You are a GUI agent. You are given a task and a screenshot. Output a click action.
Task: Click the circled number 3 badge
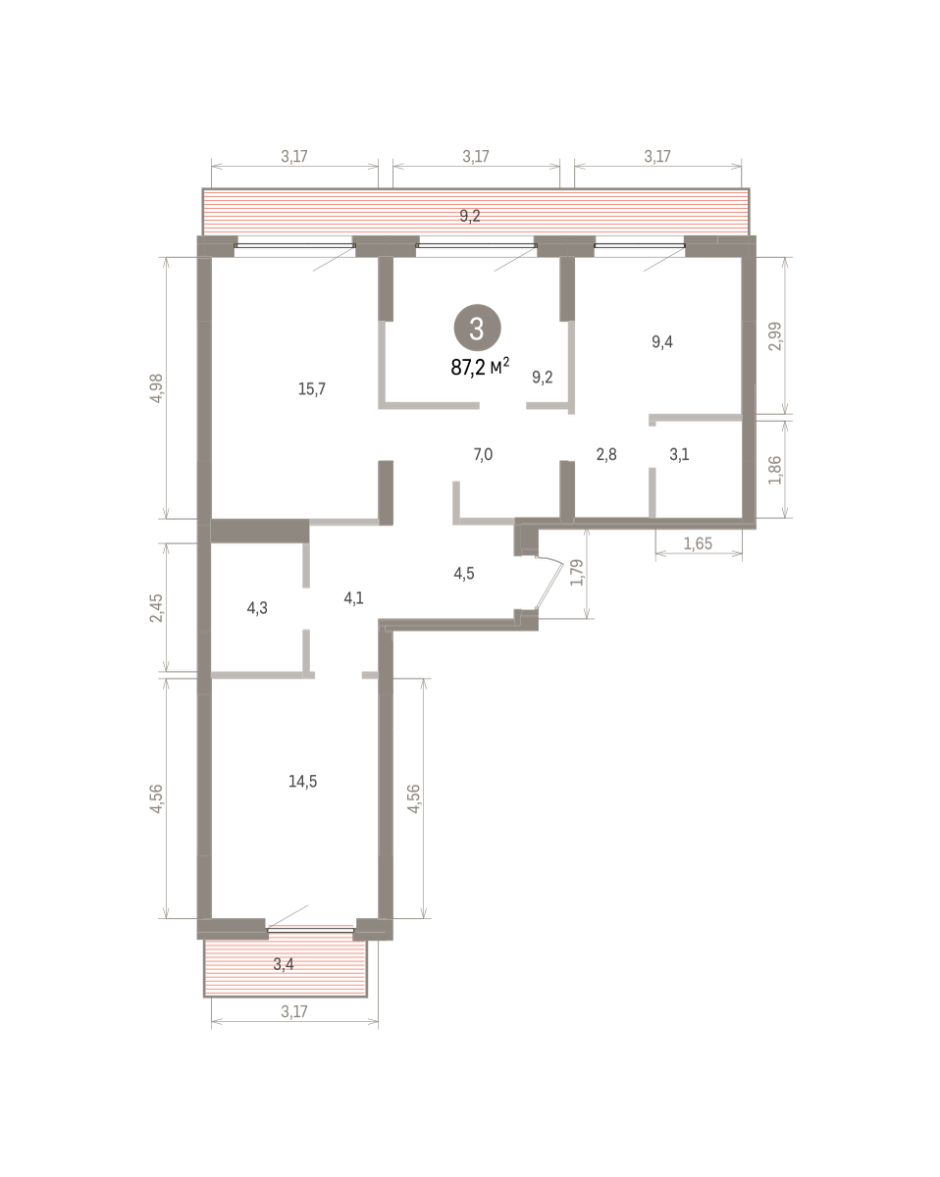pos(477,329)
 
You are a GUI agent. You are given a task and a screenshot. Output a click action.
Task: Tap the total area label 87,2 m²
pos(480,367)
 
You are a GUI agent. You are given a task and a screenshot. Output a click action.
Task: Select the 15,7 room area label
pos(312,388)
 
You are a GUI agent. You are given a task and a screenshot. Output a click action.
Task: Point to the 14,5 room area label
pos(302,781)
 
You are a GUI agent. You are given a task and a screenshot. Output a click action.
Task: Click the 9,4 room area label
pos(662,342)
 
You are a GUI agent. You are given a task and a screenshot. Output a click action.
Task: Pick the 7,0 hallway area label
pos(483,454)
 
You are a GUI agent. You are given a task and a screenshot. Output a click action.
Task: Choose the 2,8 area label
pos(606,454)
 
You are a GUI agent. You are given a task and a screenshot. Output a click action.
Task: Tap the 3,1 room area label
pos(679,454)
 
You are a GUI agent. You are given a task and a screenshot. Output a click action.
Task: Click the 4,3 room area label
pos(257,608)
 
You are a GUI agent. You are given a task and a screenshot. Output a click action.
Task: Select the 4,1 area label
pos(353,598)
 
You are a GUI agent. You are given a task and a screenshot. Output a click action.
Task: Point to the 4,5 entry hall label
pos(464,573)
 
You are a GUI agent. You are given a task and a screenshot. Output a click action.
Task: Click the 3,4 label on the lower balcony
pos(284,964)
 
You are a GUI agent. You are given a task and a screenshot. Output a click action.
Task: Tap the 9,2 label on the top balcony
pos(470,216)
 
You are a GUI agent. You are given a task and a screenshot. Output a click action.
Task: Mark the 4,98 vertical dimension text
pos(156,388)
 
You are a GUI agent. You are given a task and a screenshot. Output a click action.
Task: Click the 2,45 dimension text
pos(156,608)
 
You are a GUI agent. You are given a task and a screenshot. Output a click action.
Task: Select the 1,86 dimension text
pos(775,470)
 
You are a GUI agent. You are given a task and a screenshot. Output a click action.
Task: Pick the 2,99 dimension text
pos(775,336)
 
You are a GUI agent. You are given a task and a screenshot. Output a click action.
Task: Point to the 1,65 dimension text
pos(699,543)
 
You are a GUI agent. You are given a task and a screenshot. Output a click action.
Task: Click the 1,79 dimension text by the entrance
pos(577,573)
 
